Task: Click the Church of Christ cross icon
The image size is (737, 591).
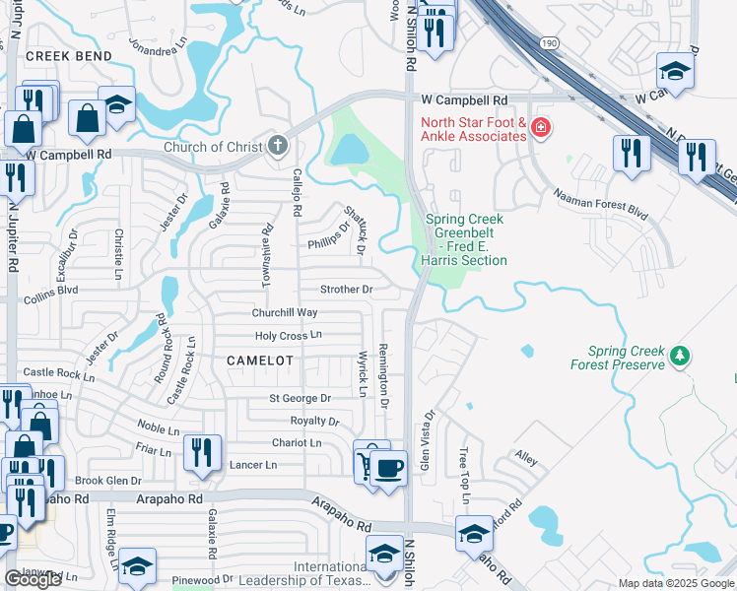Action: (278, 147)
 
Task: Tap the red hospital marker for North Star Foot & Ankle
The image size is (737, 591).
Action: (539, 127)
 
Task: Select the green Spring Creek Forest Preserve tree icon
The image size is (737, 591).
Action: (679, 356)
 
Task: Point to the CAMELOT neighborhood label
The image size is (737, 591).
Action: (260, 361)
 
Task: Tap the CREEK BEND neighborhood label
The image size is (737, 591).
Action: (69, 57)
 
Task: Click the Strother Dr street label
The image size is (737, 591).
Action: (347, 290)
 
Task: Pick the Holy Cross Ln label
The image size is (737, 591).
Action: (289, 336)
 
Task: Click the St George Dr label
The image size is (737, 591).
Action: (301, 399)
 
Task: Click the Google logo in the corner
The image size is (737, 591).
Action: (33, 579)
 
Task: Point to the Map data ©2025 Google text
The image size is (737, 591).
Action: (676, 583)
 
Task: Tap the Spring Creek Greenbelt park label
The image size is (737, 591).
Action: (465, 239)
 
